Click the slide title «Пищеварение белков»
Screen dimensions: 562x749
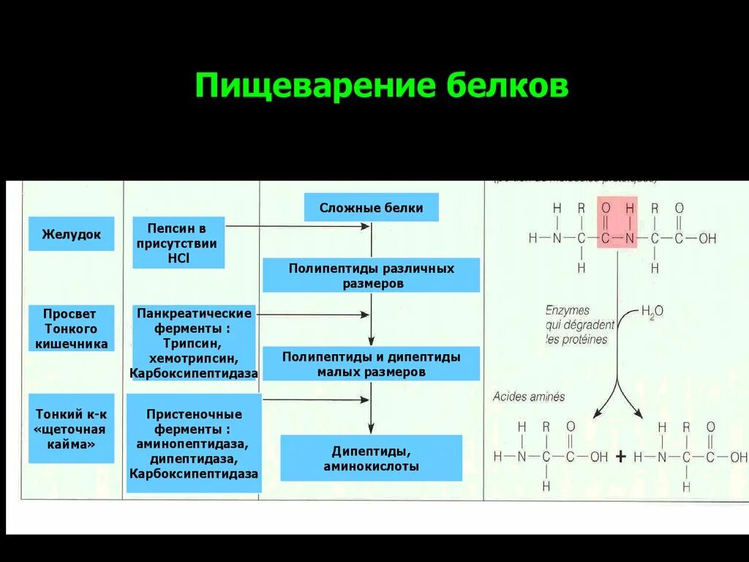pos(381,86)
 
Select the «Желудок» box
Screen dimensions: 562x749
pos(71,234)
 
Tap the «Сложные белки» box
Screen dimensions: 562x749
pos(371,208)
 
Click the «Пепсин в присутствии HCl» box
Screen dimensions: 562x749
pos(178,242)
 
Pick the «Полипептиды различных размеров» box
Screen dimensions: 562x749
pos(371,275)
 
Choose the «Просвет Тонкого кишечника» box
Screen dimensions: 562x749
pos(71,328)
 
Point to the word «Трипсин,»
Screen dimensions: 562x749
pos(194,343)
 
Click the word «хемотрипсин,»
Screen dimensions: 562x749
pos(194,359)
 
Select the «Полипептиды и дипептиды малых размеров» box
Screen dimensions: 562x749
pos(371,364)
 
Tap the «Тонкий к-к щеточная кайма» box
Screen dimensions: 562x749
pos(71,428)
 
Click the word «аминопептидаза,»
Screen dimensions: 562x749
pos(194,444)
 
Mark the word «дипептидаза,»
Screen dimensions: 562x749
pos(194,459)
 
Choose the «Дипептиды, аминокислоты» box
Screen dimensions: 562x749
pos(371,458)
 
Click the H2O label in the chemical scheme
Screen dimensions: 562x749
pos(652,311)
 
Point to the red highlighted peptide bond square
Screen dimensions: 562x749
pos(617,222)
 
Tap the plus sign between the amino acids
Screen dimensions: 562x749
pos(621,457)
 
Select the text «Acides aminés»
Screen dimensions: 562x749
pos(529,397)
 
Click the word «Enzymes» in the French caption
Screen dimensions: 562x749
pos(567,310)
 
